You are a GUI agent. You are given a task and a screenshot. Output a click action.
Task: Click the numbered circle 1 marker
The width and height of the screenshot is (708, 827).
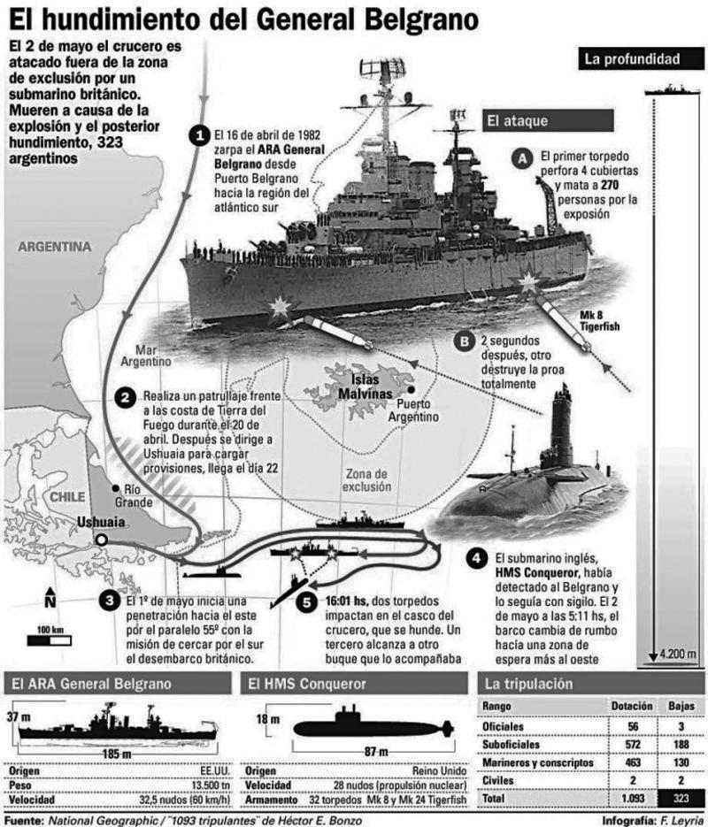point(199,135)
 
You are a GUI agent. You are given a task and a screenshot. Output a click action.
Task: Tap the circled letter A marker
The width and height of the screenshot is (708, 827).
point(522,158)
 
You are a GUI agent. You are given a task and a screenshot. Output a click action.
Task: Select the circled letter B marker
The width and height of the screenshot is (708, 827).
point(465,341)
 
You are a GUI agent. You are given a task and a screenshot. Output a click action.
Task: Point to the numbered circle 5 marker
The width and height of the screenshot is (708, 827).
point(306,602)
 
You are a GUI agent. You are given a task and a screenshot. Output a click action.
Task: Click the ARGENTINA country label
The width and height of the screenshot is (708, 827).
point(54,246)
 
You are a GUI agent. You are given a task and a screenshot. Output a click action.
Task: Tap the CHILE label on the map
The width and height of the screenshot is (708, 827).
point(67,496)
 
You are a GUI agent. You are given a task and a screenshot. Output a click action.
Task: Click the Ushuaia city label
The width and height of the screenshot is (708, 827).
point(101,522)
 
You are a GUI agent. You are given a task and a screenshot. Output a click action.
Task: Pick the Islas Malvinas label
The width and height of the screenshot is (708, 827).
point(366,387)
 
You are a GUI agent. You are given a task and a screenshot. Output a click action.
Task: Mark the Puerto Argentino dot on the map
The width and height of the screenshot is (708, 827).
point(411,389)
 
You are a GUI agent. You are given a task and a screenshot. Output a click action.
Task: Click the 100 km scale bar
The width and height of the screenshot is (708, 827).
point(49,641)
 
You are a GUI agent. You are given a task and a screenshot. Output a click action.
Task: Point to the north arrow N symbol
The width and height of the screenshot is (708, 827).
point(50,598)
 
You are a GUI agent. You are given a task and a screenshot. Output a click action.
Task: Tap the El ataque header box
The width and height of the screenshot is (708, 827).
point(548,121)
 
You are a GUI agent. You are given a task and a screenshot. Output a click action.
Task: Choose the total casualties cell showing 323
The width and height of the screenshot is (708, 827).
point(681,798)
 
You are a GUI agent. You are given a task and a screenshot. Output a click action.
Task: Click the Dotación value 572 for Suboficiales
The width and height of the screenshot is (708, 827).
point(633,744)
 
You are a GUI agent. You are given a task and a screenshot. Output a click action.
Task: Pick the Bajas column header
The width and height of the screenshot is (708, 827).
point(681,706)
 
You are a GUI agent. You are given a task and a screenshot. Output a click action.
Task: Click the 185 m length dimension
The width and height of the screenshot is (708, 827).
point(117,754)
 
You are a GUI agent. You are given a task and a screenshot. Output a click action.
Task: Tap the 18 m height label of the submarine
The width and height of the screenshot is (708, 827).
point(268,719)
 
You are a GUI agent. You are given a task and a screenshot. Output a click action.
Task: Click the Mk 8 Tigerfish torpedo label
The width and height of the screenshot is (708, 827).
point(599,321)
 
